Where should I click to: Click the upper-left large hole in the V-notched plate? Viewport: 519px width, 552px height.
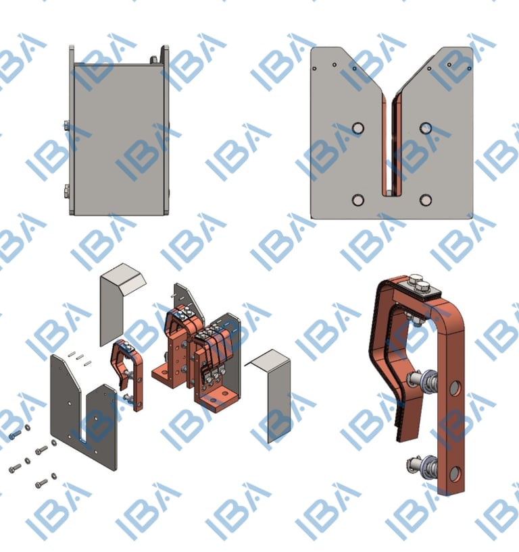click(x=358, y=128)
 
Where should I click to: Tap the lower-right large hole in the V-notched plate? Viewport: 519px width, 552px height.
click(x=426, y=200)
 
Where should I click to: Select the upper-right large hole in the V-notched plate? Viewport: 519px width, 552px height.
click(x=426, y=128)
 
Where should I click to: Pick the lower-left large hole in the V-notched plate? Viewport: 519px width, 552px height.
click(x=358, y=200)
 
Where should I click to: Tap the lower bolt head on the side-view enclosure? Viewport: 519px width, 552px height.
click(x=67, y=192)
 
